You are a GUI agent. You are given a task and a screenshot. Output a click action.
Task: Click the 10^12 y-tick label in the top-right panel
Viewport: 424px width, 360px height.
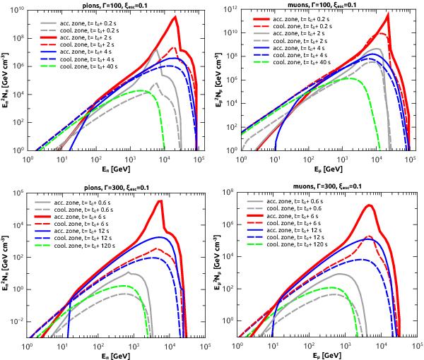coord(230,13)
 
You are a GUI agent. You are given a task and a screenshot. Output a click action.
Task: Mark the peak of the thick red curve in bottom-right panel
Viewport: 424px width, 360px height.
coord(370,205)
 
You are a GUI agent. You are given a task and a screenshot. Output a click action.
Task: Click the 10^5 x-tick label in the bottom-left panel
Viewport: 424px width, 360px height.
coord(205,348)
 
